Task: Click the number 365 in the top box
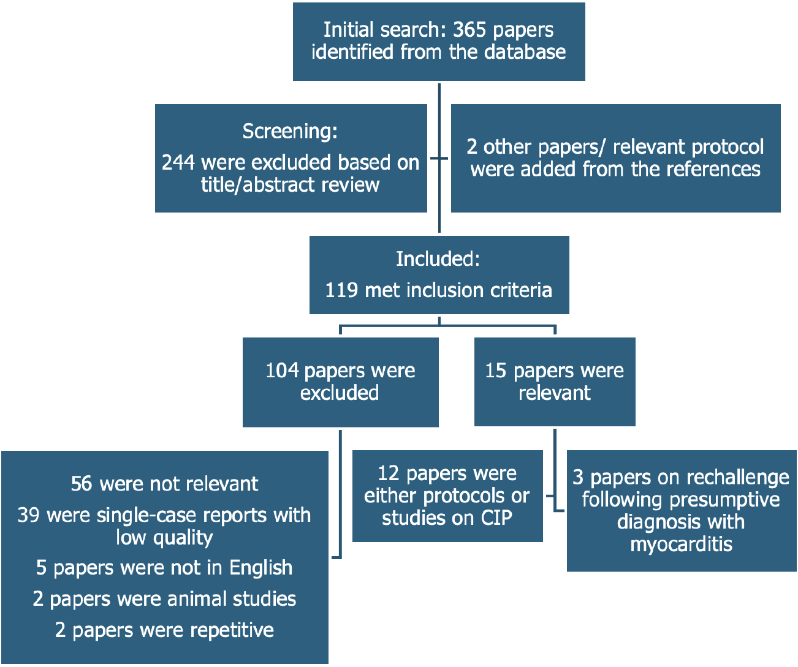coord(469,29)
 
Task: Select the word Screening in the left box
coord(288,131)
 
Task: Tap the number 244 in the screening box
coord(178,162)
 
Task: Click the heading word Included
coord(436,258)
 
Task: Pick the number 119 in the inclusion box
coord(341,290)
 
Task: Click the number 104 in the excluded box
coord(282,370)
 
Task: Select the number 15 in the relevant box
coord(496,370)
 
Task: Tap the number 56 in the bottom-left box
coord(82,483)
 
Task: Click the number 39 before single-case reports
coord(28,514)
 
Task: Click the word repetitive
coord(232,630)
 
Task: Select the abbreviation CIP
coord(496,518)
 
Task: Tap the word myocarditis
coord(681,544)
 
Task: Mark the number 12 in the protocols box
coord(389,473)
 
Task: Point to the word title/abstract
coord(251,185)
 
